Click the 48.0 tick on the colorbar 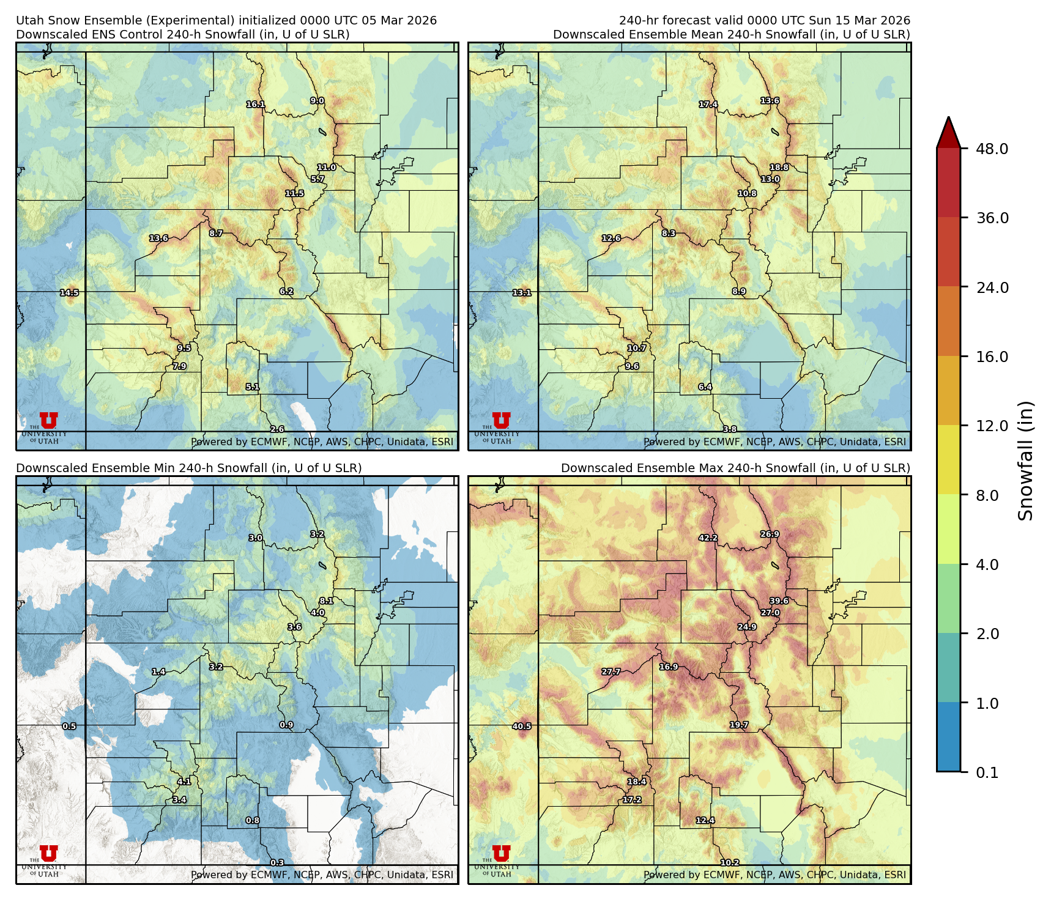point(992,149)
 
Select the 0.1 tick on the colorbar point(987,772)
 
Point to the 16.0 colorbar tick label point(992,357)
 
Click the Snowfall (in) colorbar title point(1025,461)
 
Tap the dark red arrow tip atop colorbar point(948,130)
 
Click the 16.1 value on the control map point(256,105)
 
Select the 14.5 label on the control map point(69,293)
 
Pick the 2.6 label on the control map point(277,429)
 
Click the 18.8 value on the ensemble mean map point(779,167)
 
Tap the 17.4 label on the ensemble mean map point(708,105)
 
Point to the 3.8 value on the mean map point(730,429)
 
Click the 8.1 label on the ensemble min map point(326,601)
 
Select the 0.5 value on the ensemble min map point(69,727)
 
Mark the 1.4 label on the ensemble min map point(158,671)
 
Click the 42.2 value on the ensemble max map point(708,538)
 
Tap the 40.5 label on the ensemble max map point(522,727)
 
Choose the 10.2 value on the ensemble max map point(730,863)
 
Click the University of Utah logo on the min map point(45,860)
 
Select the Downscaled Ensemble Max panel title point(735,468)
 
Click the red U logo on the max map point(501,853)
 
